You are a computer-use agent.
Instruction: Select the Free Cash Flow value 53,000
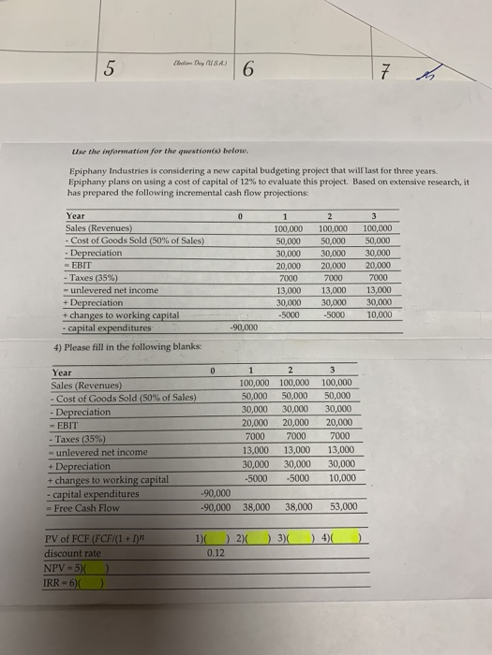click(x=343, y=506)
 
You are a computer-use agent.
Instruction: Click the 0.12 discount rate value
click(x=215, y=553)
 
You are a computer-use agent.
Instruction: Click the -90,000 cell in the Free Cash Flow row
click(x=216, y=506)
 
